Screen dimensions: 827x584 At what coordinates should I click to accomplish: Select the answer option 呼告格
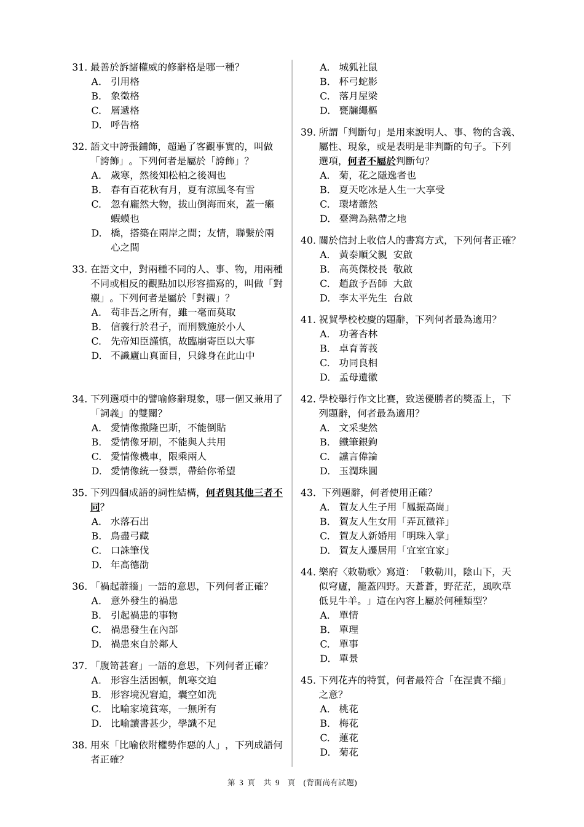point(125,125)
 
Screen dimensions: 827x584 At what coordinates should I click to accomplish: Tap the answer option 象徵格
point(125,96)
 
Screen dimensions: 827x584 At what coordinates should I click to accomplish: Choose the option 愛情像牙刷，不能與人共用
point(168,442)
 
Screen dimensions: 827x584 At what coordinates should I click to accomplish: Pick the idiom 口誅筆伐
point(130,551)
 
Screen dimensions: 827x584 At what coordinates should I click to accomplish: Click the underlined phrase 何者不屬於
point(371,161)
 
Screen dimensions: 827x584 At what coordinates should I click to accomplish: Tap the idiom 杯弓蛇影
point(358,82)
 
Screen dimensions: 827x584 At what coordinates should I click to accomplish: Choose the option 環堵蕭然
point(358,204)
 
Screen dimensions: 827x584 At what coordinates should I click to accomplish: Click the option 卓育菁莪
point(358,348)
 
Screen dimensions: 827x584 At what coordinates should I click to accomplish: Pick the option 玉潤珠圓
point(358,471)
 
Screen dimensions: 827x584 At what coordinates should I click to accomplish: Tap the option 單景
point(349,659)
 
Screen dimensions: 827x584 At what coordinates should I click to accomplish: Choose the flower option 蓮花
point(349,738)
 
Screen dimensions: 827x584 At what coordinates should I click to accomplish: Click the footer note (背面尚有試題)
point(330,782)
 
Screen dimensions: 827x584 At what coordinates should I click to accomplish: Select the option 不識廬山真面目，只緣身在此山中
point(183,356)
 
